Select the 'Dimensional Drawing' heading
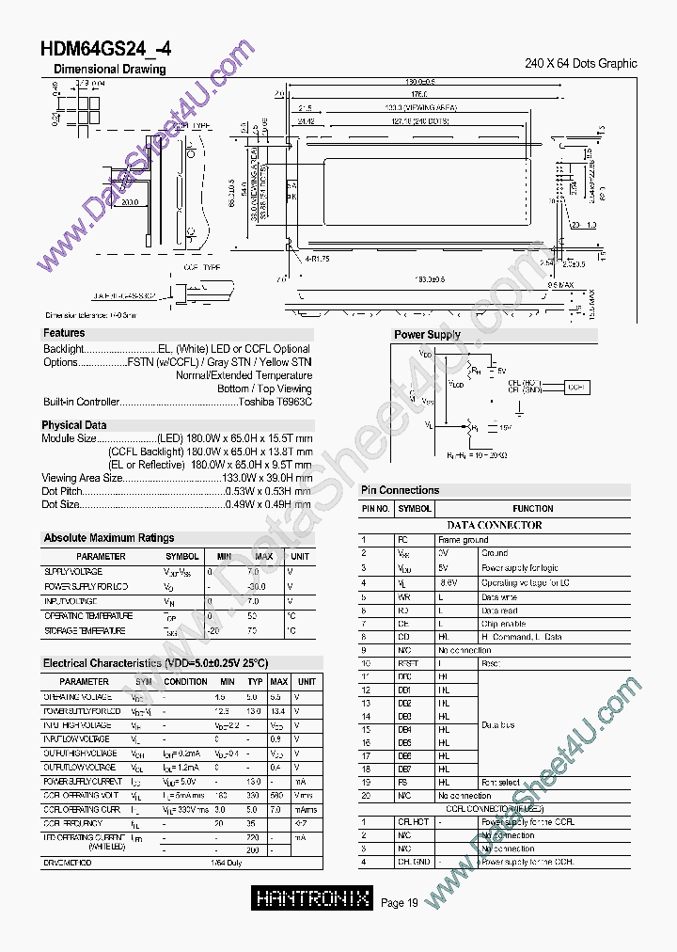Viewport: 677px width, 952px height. click(109, 69)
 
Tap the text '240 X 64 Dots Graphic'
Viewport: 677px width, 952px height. click(580, 64)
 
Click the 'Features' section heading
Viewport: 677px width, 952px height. click(64, 333)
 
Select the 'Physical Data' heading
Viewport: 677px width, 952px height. click(74, 425)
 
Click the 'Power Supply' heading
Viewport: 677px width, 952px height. click(427, 335)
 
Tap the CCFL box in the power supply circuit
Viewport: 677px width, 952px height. click(576, 387)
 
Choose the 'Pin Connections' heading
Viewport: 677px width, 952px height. click(400, 490)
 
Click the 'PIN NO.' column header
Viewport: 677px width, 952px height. click(376, 509)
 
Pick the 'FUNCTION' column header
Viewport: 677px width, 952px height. click(533, 509)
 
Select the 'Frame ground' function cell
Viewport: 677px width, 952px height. click(463, 540)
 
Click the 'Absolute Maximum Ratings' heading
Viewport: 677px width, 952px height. click(108, 538)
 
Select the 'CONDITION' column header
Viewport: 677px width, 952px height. click(185, 681)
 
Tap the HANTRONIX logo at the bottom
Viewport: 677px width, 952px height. click(313, 898)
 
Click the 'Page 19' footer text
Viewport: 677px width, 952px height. click(400, 904)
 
